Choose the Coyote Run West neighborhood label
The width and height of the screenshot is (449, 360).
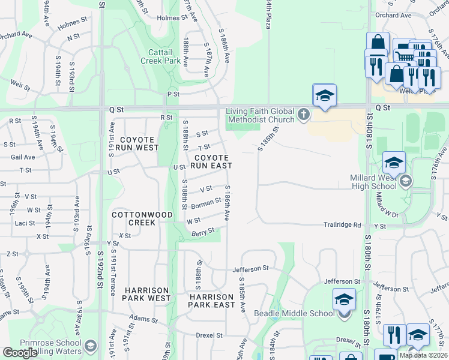139,143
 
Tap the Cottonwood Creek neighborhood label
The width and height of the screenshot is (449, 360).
134,218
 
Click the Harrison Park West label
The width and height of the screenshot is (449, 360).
147,294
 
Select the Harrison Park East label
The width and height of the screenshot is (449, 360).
211,301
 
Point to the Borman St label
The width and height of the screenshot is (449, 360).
206,205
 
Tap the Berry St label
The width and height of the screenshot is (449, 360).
203,232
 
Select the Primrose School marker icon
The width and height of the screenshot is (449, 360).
91,346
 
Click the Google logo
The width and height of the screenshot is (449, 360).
20,353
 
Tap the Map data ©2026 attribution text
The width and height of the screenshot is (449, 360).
423,355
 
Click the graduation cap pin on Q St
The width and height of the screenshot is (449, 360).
325,96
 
